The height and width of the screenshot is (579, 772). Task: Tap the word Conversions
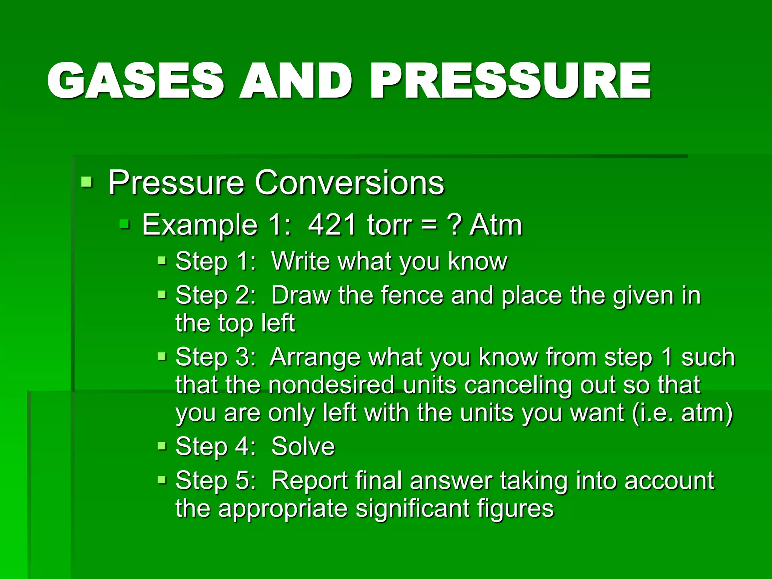pos(349,182)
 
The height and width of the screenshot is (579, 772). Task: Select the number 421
pos(332,225)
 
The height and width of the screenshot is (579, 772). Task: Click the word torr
pos(389,225)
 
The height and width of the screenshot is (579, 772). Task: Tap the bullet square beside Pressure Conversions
pos(87,182)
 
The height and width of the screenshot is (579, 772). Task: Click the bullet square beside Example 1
pos(124,225)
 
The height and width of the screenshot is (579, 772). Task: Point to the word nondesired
pos(332,385)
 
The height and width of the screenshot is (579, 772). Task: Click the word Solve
pos(303,446)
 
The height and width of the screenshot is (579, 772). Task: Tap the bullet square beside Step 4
pos(162,446)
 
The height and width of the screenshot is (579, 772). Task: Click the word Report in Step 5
pos(309,481)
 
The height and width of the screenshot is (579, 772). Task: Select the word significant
pos(412,509)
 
